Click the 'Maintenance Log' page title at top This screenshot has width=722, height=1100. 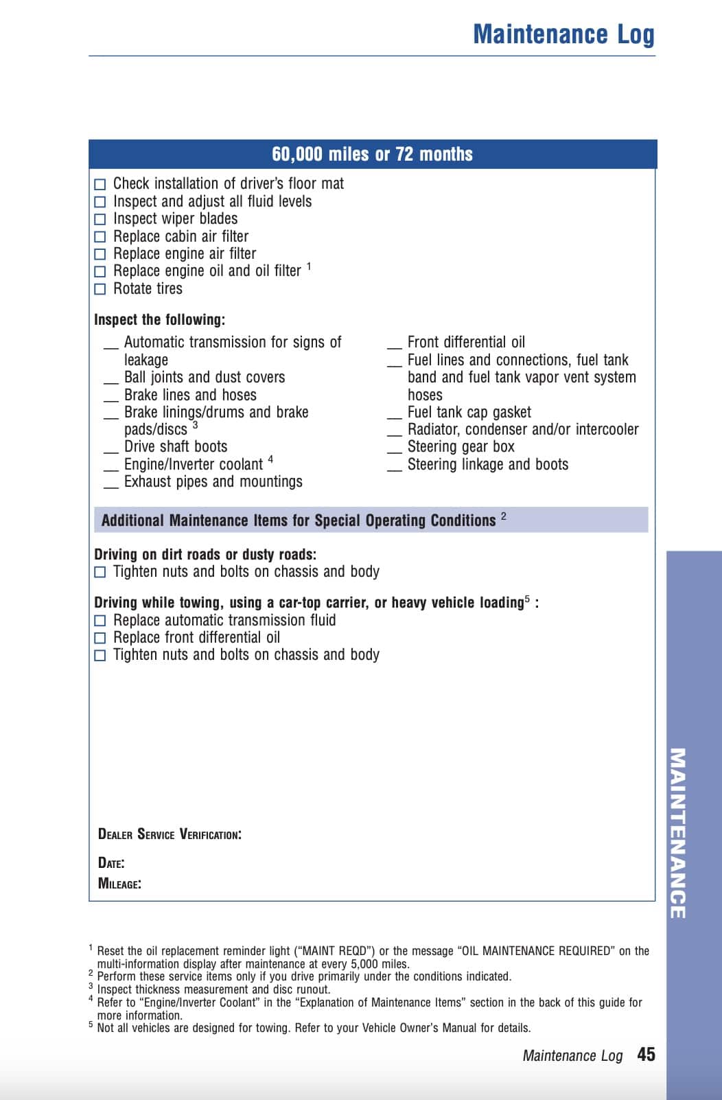563,34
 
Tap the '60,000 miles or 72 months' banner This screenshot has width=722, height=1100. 372,154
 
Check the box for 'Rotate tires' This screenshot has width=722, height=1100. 100,289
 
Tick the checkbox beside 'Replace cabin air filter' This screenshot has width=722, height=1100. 100,237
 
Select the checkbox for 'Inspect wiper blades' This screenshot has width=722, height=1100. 100,220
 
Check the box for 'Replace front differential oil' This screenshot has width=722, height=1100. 100,638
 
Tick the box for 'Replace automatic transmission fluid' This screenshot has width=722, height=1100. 100,621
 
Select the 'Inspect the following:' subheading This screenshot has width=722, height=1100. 159,320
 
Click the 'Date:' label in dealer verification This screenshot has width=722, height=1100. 111,863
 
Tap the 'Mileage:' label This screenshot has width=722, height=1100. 120,884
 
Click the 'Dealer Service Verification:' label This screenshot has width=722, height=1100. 170,835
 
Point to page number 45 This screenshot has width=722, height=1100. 646,1055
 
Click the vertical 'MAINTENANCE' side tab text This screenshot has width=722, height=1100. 677,832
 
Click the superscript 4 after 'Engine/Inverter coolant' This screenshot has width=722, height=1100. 270,459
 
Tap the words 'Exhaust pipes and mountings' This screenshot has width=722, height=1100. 213,482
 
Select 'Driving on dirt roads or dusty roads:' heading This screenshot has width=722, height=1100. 205,555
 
